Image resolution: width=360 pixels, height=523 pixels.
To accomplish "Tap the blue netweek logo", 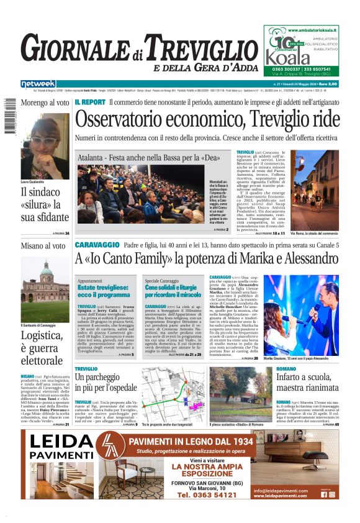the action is click(38, 84).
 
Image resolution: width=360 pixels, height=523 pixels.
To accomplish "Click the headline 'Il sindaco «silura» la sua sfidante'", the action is click(45, 204).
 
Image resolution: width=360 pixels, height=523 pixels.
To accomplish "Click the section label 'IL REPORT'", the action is click(90, 101).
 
